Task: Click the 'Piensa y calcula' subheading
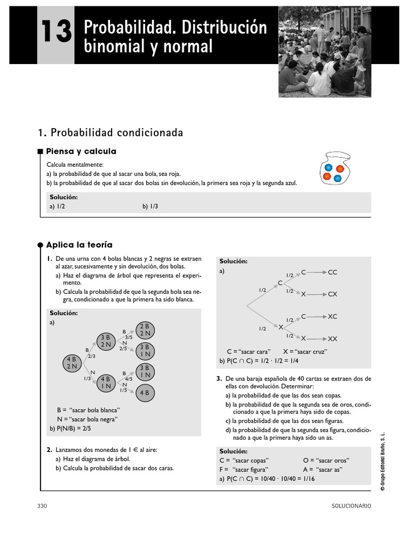click(81, 152)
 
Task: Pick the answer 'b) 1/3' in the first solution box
click(150, 206)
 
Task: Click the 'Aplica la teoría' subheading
click(80, 245)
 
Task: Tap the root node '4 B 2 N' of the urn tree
click(72, 363)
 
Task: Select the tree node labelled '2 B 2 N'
click(144, 330)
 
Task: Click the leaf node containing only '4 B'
click(144, 393)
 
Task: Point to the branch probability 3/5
click(129, 337)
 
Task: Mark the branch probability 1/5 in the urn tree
click(124, 390)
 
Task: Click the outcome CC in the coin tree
click(333, 272)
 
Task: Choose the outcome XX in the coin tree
click(333, 339)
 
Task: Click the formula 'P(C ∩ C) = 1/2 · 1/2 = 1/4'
click(257, 361)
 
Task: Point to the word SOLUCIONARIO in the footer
click(351, 506)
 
